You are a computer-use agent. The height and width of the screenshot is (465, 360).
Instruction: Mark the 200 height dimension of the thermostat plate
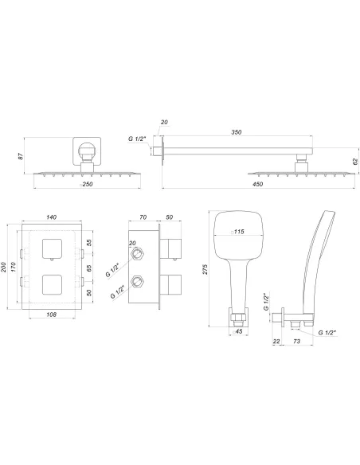pyautogui.click(x=5, y=268)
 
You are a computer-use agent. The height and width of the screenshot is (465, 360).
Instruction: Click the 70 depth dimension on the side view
pyautogui.click(x=143, y=216)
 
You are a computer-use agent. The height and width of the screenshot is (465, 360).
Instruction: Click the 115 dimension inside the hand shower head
pyautogui.click(x=237, y=232)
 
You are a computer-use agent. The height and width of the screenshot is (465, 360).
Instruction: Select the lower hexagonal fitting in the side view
pyautogui.click(x=140, y=280)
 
